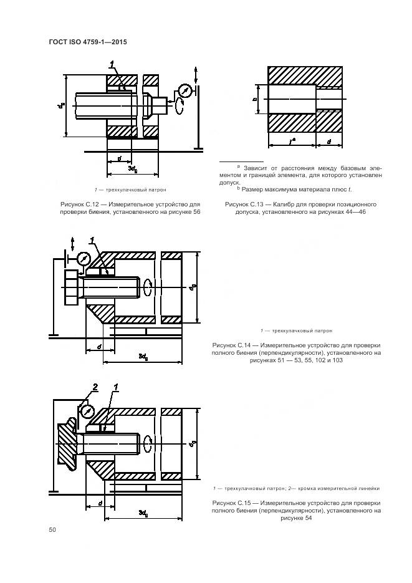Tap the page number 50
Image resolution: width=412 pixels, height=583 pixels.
coord(52,530)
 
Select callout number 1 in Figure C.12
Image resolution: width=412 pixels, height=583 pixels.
coord(112,64)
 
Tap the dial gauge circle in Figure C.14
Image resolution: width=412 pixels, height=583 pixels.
coord(83,258)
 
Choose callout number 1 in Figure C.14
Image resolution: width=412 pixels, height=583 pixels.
coord(92,240)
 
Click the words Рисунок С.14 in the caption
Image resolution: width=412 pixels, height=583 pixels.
coord(232,345)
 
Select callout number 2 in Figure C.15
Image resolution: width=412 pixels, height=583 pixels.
coord(95,388)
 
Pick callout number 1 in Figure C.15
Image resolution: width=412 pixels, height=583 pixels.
coord(115,388)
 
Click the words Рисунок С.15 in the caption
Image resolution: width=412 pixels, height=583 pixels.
coord(232,503)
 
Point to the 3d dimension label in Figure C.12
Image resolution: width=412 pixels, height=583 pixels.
coord(133,169)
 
